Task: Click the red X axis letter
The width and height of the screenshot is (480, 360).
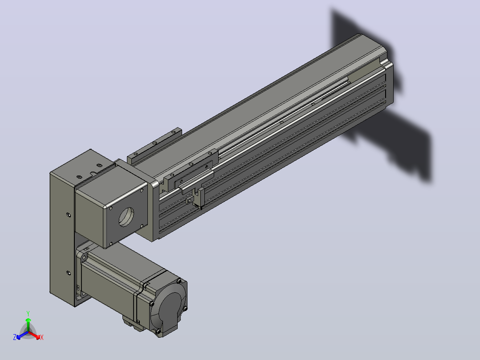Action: point(42,337)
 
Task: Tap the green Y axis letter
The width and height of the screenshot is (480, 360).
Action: point(28,313)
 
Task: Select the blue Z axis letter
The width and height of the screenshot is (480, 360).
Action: point(15,337)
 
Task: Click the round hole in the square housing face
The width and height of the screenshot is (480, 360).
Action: point(126,217)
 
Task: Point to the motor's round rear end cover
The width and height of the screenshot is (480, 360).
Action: point(170,310)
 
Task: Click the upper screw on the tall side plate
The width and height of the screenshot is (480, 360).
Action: point(68,215)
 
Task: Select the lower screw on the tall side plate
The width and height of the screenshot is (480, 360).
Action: point(68,272)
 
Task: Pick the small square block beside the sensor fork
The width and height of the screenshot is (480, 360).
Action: point(190,200)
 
